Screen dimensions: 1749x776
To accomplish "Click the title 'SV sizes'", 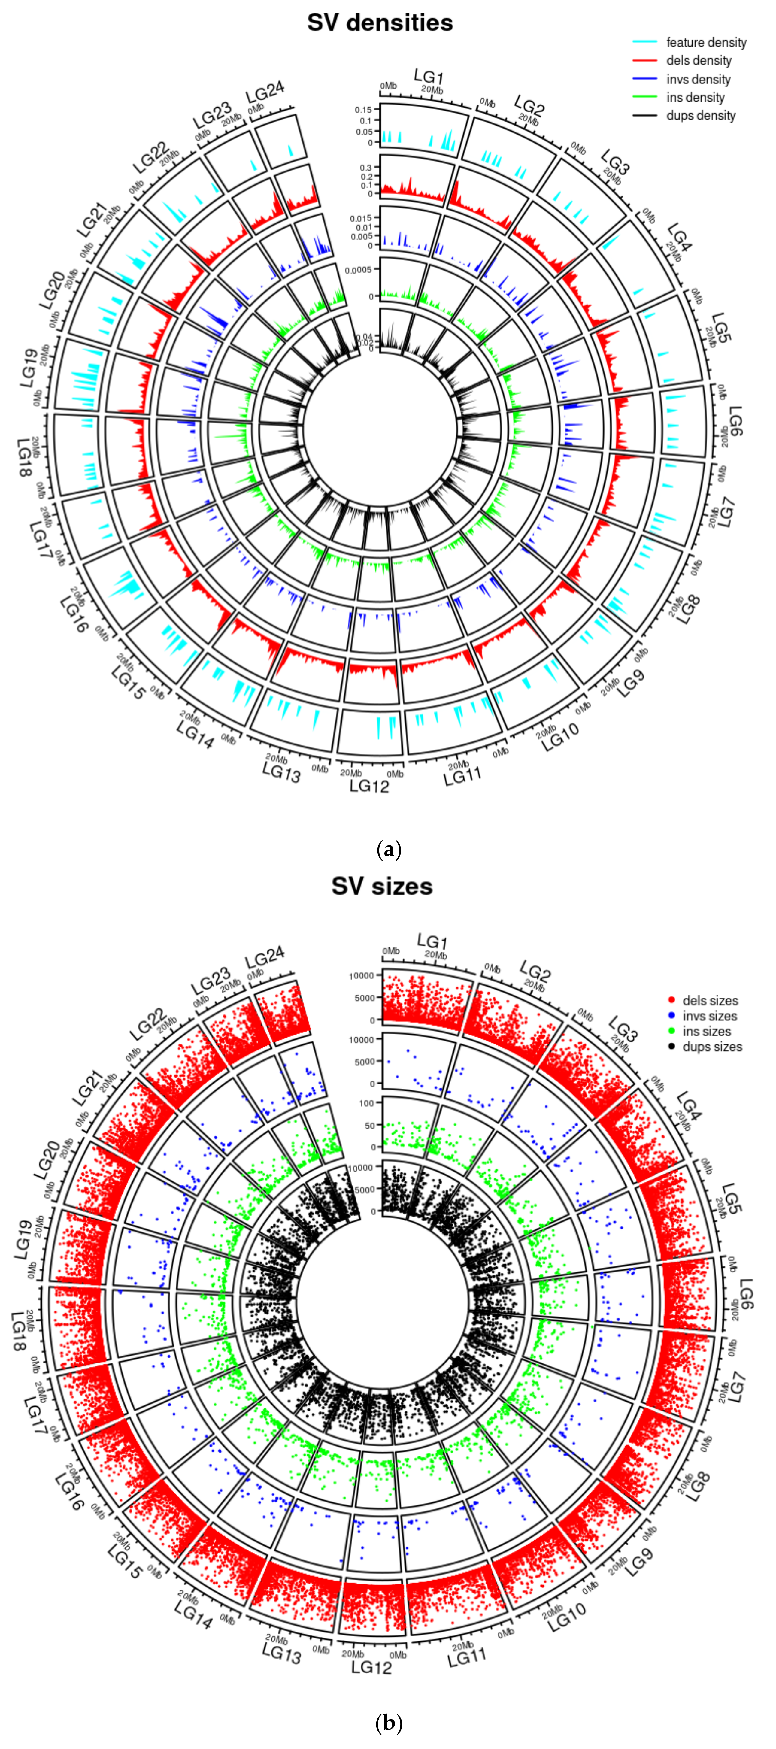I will click(x=382, y=886).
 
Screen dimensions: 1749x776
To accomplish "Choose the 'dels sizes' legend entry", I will click(x=709, y=1000).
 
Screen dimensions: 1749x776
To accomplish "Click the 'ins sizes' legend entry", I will click(x=706, y=1031).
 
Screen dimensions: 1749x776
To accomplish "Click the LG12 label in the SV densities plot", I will click(x=369, y=786).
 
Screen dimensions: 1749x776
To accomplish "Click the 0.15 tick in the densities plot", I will click(x=363, y=109).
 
